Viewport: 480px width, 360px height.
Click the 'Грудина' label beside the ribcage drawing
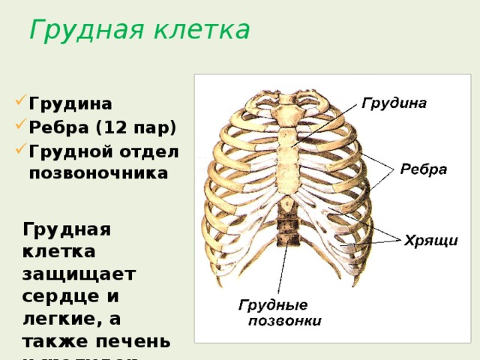pos(394,103)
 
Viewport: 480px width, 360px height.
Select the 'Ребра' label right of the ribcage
pos(423,169)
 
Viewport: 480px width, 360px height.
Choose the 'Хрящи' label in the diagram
pos(431,241)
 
